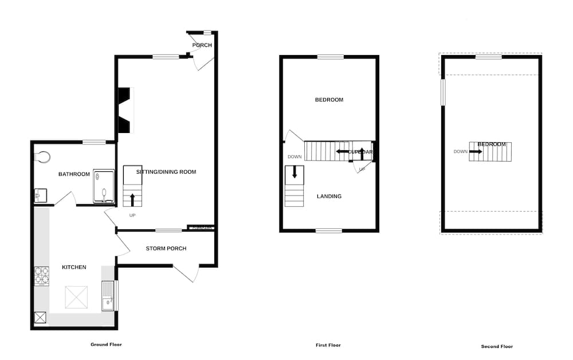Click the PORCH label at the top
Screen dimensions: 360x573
(x=202, y=45)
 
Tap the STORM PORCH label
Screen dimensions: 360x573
(x=166, y=248)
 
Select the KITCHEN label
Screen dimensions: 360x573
(x=74, y=267)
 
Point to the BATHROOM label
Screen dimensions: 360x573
(x=74, y=174)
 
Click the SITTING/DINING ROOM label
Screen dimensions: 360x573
(x=166, y=171)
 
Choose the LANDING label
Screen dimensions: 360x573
(x=329, y=196)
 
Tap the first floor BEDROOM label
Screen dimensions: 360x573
(x=329, y=100)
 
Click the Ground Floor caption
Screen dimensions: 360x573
(x=106, y=345)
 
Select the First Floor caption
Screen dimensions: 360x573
(x=328, y=345)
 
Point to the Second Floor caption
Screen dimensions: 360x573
(x=497, y=346)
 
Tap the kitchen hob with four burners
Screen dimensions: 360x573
(x=42, y=276)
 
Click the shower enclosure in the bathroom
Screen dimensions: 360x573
(x=104, y=186)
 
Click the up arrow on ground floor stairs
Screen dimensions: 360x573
(x=132, y=199)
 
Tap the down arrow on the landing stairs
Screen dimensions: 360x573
(x=295, y=171)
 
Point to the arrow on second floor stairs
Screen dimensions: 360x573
(x=476, y=151)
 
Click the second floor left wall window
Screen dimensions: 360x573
(x=442, y=92)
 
